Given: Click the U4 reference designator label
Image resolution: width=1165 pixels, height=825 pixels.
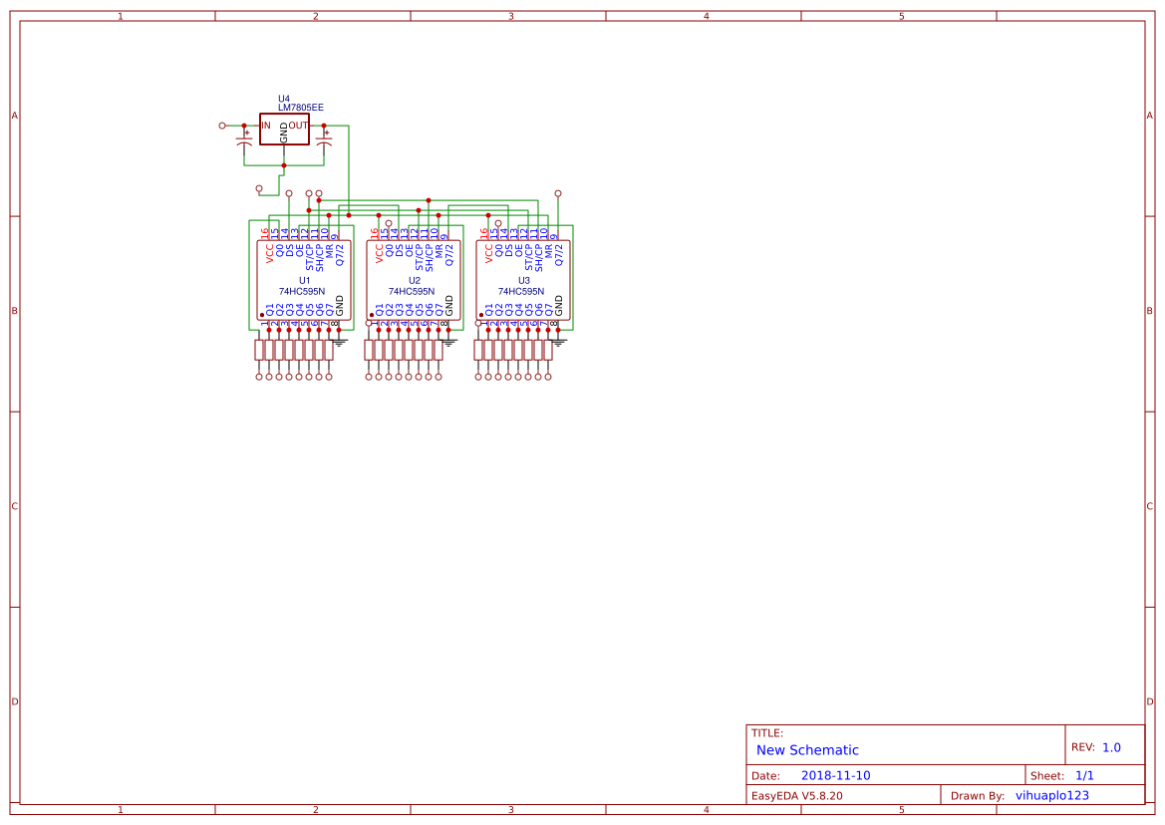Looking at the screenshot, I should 284,99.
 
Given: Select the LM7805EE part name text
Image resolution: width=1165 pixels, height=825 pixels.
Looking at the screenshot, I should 300,108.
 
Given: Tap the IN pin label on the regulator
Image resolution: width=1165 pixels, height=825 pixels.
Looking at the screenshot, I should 266,126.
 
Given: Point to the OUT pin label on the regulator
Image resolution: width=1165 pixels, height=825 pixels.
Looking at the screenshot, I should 298,126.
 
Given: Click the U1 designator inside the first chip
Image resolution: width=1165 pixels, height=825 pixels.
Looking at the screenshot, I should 304,281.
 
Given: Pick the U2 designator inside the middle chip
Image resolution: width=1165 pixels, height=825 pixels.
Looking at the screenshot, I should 414,281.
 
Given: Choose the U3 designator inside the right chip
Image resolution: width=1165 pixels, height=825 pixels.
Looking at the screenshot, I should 523,281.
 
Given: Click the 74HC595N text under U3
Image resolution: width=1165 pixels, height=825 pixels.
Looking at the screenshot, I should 521,291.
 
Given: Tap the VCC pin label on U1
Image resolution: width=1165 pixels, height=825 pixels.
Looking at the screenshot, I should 269,254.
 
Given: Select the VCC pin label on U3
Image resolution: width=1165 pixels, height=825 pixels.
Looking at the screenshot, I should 488,254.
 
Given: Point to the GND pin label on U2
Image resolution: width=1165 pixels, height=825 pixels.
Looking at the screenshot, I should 448,305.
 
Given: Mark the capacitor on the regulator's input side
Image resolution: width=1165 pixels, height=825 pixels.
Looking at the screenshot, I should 244,145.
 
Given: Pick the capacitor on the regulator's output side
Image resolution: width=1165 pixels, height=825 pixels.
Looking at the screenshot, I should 324,145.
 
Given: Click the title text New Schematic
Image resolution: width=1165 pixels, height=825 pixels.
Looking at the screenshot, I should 807,750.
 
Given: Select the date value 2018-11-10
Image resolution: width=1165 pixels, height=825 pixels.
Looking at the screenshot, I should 835,775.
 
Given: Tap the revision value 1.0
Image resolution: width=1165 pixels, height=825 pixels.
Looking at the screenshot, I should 1111,747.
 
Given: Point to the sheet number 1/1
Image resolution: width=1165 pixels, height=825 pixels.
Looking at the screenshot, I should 1084,775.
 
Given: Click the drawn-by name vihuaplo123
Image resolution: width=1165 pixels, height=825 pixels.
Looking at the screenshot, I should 1051,796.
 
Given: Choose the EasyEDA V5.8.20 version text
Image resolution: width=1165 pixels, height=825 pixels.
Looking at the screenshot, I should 796,796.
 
